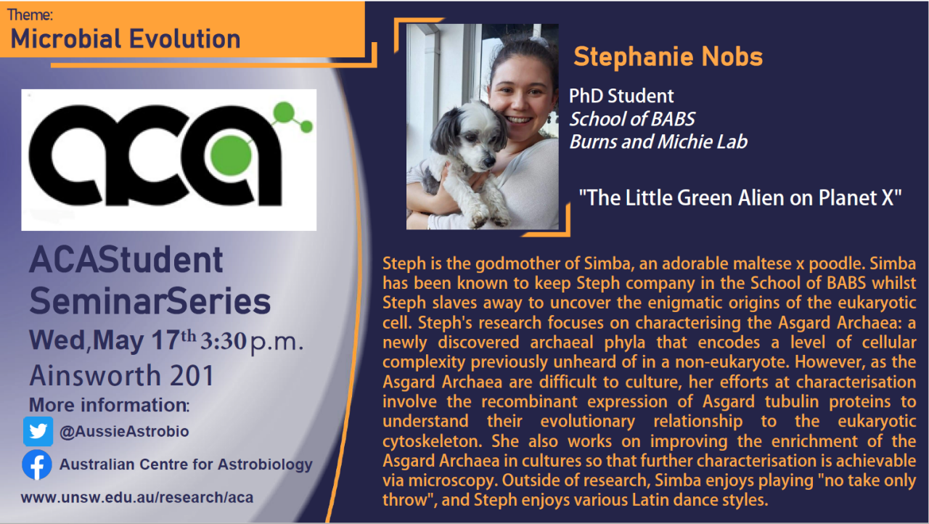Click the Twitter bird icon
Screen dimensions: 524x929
coord(38,431)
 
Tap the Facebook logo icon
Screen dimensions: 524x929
coord(37,464)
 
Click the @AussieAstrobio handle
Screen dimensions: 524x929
coord(124,432)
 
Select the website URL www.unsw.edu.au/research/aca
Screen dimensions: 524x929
coord(137,498)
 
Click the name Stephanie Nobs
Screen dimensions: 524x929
coord(668,57)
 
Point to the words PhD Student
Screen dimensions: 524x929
coord(621,96)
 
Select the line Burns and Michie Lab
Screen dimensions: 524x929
coord(658,142)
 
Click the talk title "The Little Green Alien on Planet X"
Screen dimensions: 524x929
coord(740,197)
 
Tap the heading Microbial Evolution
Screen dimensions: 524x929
coord(126,38)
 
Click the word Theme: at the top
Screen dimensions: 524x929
coord(30,15)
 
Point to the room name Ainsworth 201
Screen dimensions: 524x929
coord(122,375)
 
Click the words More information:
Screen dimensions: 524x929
coord(110,404)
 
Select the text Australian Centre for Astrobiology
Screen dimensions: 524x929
coord(186,464)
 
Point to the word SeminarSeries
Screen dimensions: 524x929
coord(150,301)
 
